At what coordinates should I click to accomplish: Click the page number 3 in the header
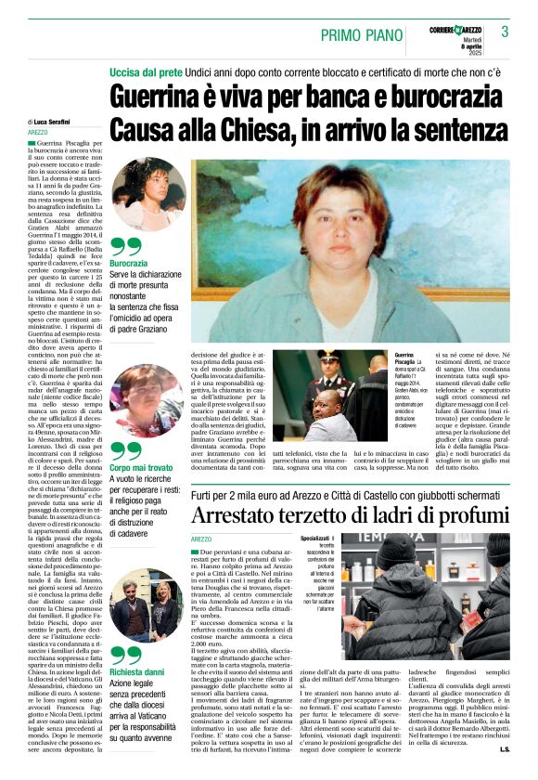click(505, 32)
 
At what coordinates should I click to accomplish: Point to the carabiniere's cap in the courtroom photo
click(330, 357)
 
